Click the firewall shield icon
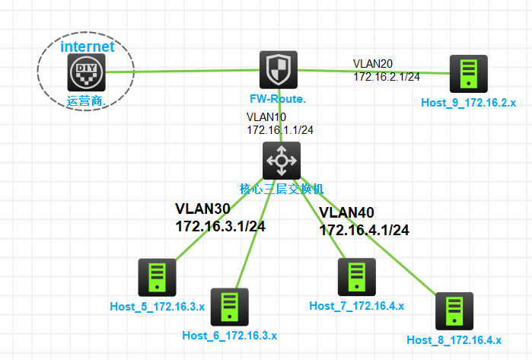click(278, 70)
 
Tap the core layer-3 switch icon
click(282, 160)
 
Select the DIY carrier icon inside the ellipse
click(84, 73)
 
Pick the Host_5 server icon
click(157, 277)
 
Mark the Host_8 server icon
click(454, 311)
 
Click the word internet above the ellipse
click(88, 46)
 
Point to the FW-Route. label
click(278, 99)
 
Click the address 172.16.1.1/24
click(280, 130)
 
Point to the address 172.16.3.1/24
click(220, 226)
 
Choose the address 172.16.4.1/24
click(364, 230)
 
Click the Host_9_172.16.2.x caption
click(468, 101)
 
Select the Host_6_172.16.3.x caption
click(229, 335)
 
